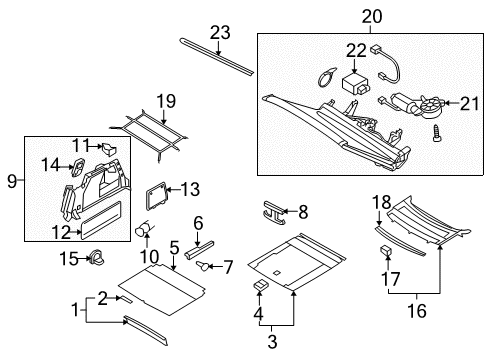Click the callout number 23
pos(220,33)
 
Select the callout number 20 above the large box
pos(372,17)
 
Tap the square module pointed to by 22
pos(355,85)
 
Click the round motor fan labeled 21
pos(432,107)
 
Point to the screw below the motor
pos(436,133)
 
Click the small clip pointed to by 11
pos(108,148)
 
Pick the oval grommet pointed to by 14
pos(78,167)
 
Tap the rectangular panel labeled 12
pos(101,220)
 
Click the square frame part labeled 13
pos(156,196)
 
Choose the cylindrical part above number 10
pos(144,228)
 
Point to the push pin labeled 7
pos(203,266)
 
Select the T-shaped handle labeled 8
pos(275,212)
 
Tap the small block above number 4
pos(260,285)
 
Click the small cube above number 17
pos(386,250)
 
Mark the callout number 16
pos(417,311)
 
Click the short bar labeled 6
pos(199,250)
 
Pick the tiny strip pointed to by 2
pos(126,300)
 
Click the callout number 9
pos(12,181)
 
